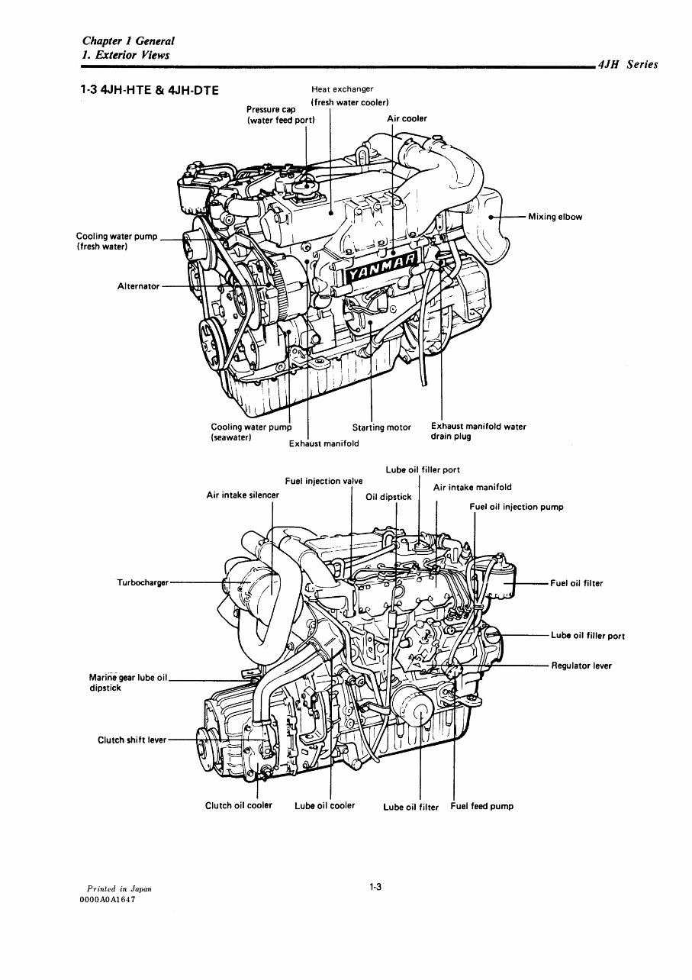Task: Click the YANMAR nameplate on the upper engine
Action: (x=378, y=271)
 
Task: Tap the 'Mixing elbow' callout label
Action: (x=555, y=217)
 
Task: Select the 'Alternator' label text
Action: (x=138, y=286)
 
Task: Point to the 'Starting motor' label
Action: (x=381, y=427)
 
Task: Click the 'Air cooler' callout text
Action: (x=407, y=118)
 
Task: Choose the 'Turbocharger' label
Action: (x=142, y=582)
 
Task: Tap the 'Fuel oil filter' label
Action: (x=576, y=584)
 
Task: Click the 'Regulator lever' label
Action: (x=581, y=666)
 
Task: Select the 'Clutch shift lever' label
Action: (x=131, y=740)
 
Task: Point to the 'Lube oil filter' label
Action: (x=410, y=807)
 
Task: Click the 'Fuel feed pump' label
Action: (x=481, y=806)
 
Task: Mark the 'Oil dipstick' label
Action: (x=388, y=497)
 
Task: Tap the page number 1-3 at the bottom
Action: (x=375, y=887)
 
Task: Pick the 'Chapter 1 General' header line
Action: (x=129, y=41)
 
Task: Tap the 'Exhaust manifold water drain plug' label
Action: (x=478, y=431)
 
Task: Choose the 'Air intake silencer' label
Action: (x=243, y=495)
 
